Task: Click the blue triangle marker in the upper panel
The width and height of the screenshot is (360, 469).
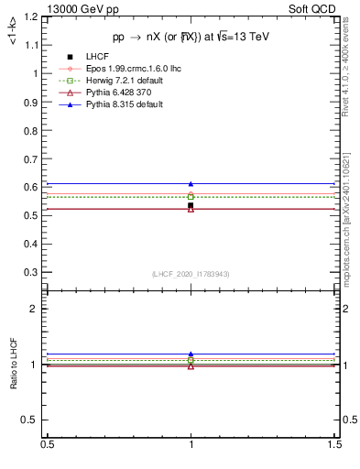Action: click(191, 184)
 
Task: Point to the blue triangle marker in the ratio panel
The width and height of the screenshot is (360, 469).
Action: click(191, 354)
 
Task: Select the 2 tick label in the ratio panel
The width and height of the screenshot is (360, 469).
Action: click(37, 309)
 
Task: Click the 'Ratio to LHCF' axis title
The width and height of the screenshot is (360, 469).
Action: click(14, 383)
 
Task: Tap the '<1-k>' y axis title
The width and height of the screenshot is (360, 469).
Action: click(13, 28)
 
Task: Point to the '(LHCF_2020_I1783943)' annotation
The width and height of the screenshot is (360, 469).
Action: click(191, 275)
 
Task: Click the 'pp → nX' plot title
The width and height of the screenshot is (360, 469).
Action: click(191, 37)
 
